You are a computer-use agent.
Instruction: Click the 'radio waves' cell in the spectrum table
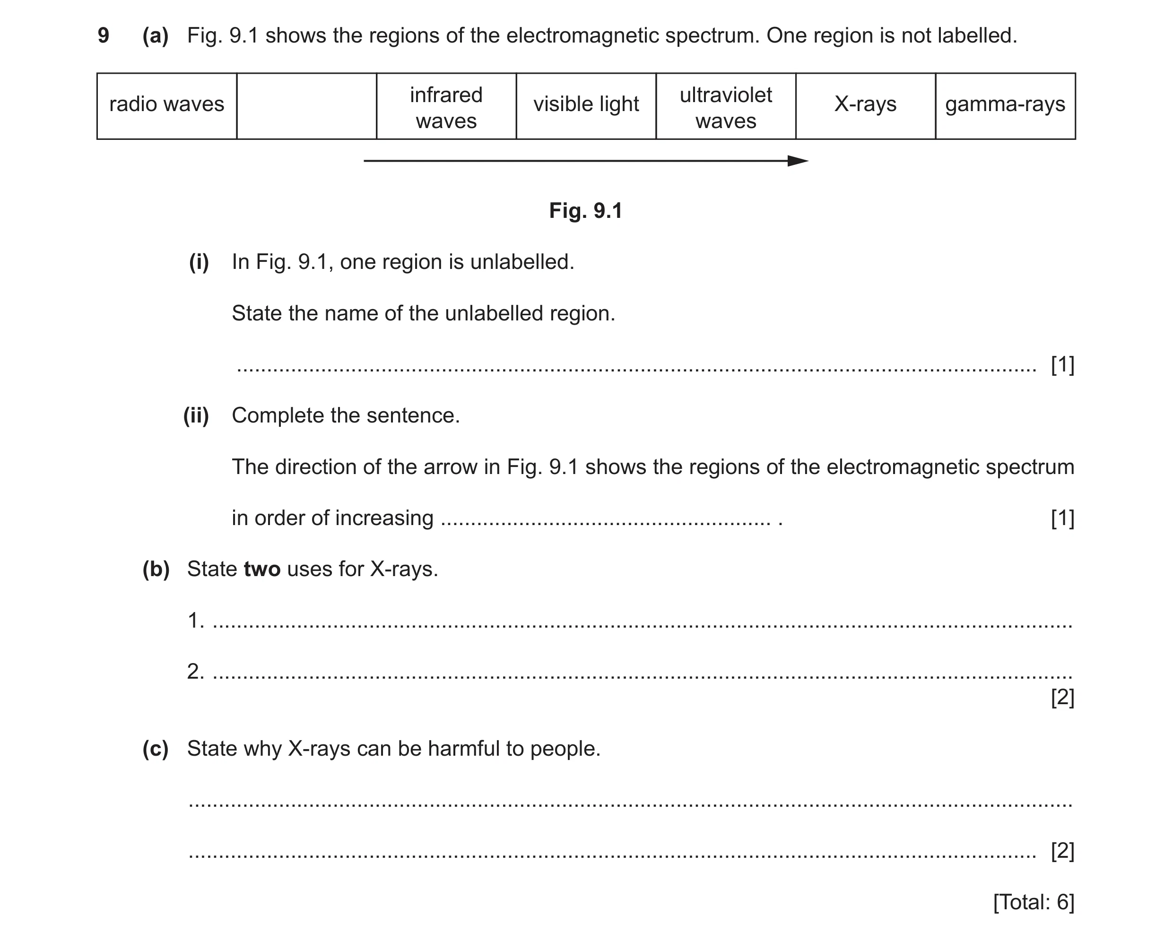click(167, 106)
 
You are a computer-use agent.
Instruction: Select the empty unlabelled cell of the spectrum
click(307, 106)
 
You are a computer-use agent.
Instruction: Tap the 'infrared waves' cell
click(447, 106)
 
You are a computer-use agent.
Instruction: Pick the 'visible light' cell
click(586, 106)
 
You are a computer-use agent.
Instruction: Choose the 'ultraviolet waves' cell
click(726, 106)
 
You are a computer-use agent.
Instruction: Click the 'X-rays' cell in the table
click(866, 106)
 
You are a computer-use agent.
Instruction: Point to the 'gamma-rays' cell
click(1006, 106)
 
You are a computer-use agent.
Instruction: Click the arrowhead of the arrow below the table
click(808, 161)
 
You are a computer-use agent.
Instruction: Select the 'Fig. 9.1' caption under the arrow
click(586, 210)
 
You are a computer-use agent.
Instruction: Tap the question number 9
click(104, 35)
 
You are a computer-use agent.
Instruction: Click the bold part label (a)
click(156, 36)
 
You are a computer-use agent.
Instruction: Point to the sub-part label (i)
click(199, 262)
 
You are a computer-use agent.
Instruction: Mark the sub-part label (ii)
click(196, 415)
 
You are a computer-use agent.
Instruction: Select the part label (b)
click(156, 569)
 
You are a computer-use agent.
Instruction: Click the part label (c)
click(156, 749)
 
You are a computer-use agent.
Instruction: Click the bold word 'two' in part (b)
click(262, 569)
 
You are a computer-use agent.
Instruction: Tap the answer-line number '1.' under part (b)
click(196, 621)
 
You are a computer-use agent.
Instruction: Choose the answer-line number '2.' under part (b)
click(196, 672)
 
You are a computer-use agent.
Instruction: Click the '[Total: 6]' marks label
click(1034, 903)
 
